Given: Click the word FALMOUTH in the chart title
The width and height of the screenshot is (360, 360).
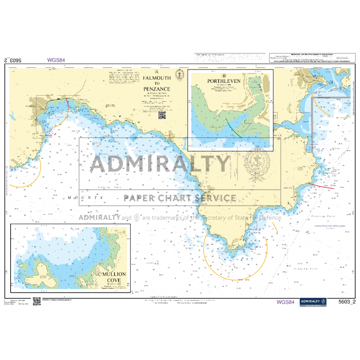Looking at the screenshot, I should tap(157, 78).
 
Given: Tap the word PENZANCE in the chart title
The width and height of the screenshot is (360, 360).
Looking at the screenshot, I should tap(157, 89).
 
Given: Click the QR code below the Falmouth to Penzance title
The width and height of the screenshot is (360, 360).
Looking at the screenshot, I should tap(161, 115).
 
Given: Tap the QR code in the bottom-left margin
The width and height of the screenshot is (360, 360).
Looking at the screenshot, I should tap(37, 301).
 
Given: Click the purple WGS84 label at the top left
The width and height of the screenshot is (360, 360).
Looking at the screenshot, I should tap(56, 60).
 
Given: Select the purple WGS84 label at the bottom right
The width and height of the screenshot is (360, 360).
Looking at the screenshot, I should tap(285, 302).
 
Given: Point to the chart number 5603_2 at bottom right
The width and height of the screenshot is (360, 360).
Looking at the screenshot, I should tap(347, 302).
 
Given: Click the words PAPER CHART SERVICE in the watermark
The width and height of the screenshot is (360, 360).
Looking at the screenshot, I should tap(180, 198).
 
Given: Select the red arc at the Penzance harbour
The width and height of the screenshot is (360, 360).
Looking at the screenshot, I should tap(67, 104).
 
